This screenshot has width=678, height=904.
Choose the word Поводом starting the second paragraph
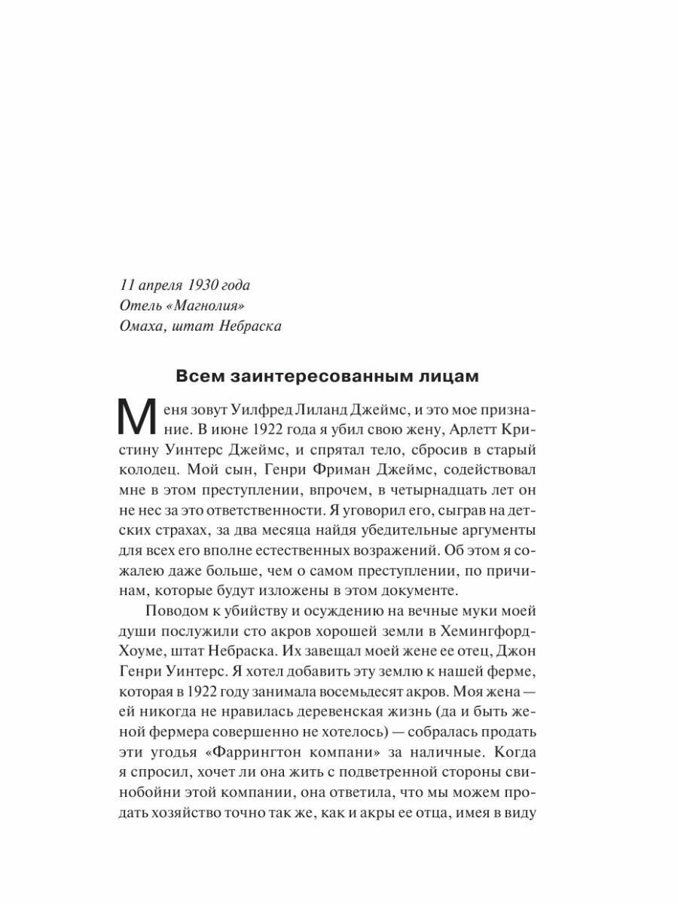pos(176,609)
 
